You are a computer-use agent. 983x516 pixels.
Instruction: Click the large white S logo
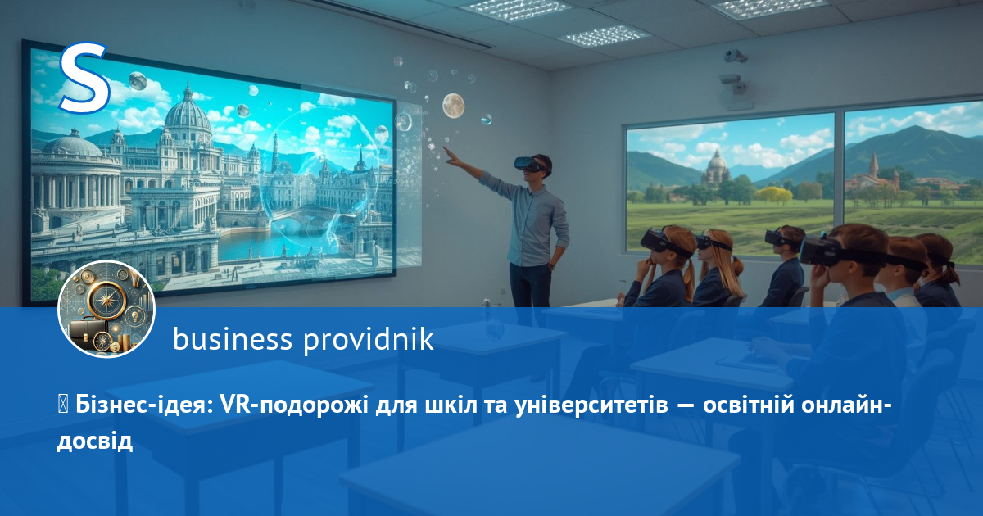coord(84,77)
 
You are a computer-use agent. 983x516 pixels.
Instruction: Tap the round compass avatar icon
coord(106,309)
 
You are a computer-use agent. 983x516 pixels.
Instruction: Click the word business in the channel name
coord(233,339)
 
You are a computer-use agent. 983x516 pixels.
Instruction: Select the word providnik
coord(369,339)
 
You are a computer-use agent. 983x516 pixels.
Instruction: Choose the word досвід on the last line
coord(95,441)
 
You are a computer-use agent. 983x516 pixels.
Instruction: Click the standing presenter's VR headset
coord(529,164)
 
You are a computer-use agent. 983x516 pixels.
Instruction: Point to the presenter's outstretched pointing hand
coord(451,156)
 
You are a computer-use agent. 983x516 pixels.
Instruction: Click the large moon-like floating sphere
coord(453,106)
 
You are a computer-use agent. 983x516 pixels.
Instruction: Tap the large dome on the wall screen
coord(188,115)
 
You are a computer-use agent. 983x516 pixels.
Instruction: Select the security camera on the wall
coord(734,56)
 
